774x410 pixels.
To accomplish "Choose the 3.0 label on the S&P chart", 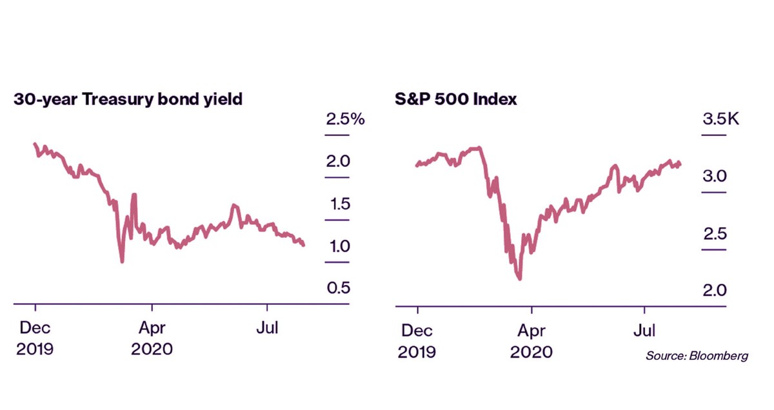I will tap(715, 176).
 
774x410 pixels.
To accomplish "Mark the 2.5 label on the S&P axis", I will tap(715, 233).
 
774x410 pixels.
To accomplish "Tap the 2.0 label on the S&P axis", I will tap(715, 290).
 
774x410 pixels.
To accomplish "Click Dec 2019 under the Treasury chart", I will tap(35, 338).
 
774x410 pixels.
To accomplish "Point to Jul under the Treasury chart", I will tap(267, 329).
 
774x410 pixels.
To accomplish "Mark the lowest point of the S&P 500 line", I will tap(519, 279).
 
